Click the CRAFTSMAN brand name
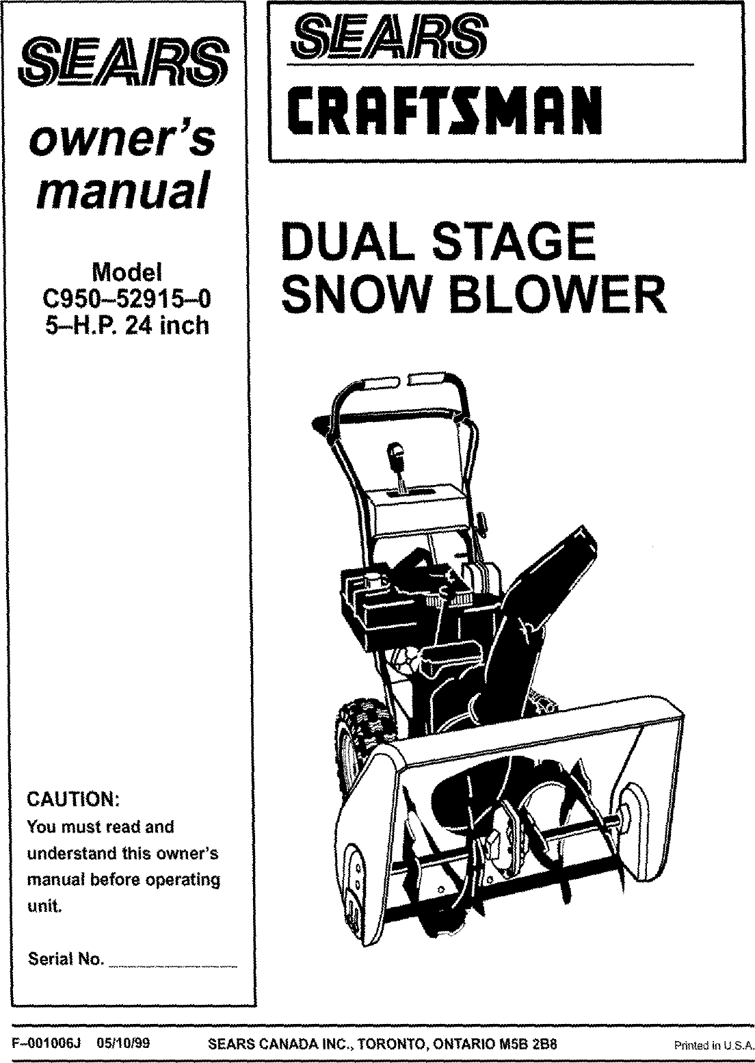point(442,110)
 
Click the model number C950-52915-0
point(127,299)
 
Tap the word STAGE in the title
point(516,241)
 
